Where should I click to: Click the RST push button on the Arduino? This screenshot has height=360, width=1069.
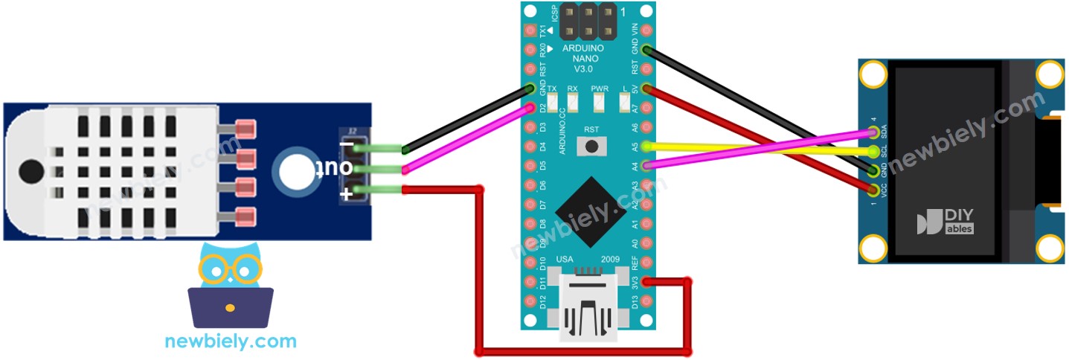tap(591, 146)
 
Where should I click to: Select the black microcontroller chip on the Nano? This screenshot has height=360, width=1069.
tap(589, 211)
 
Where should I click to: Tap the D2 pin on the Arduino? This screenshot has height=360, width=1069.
tap(530, 108)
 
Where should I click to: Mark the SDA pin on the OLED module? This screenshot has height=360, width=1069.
tap(873, 132)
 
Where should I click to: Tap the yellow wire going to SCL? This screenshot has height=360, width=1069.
tap(759, 149)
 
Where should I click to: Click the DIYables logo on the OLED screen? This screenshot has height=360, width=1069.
tap(946, 222)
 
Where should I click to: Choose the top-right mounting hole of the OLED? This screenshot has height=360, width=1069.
tap(1050, 74)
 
